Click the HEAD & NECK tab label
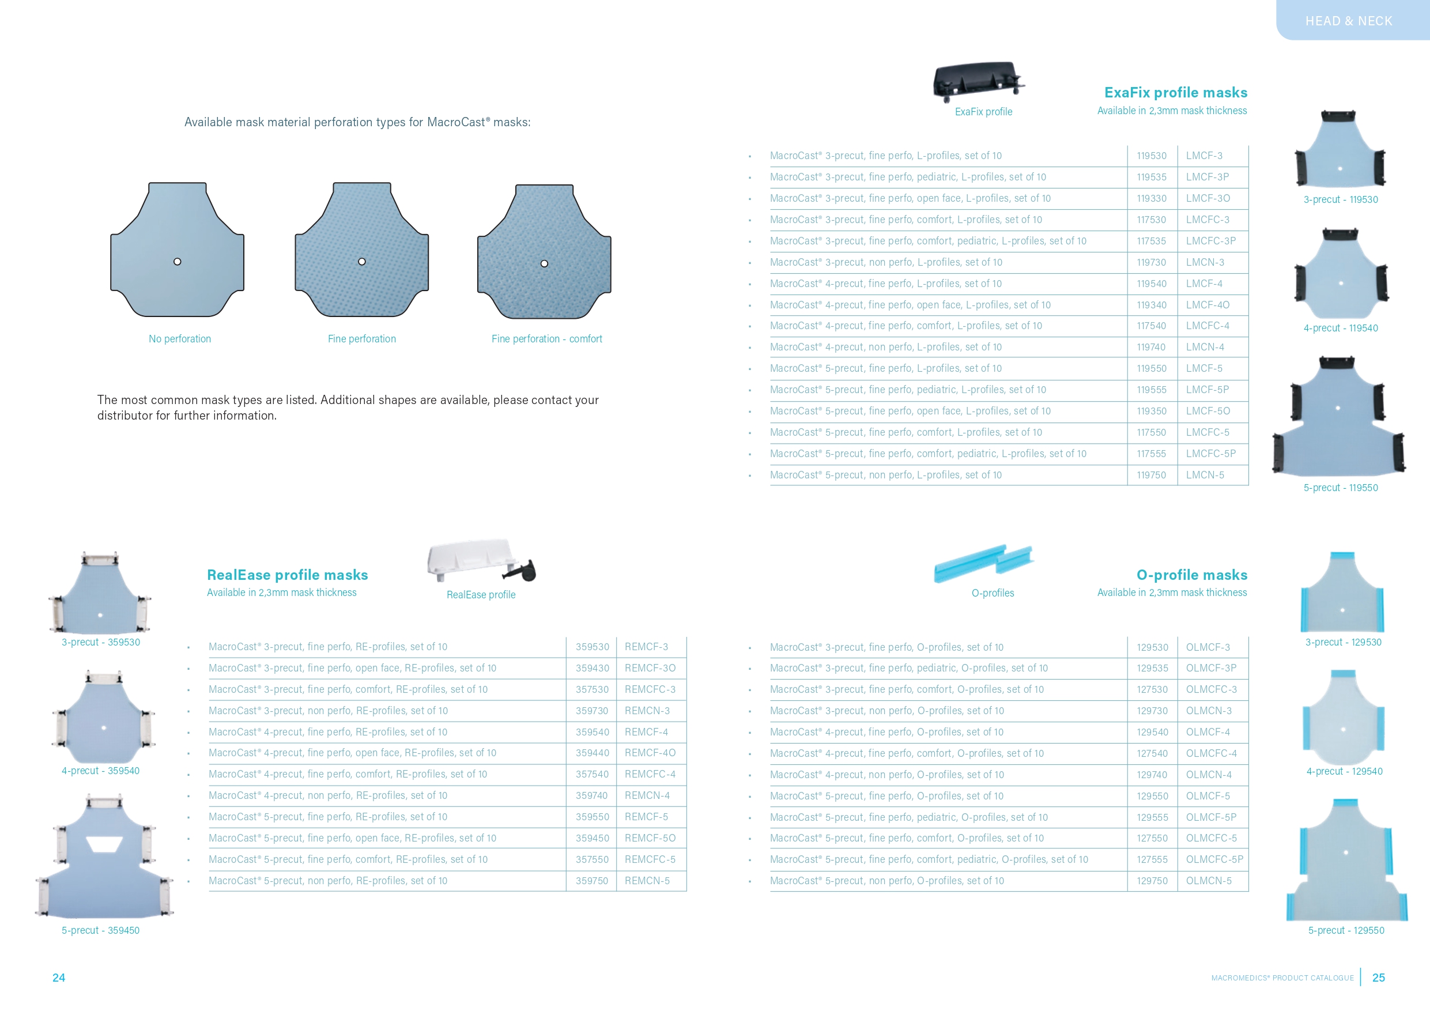(1348, 21)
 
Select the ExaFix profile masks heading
(1175, 92)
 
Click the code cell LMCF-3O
(1208, 198)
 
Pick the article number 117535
(1151, 241)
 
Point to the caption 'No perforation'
(179, 339)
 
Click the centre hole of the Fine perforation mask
(362, 262)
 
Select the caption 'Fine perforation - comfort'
(546, 339)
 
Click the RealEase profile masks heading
(287, 575)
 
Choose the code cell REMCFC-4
(650, 774)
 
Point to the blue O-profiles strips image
(983, 563)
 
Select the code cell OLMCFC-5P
(1214, 859)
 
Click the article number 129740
(1152, 775)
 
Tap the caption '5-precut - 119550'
(1340, 488)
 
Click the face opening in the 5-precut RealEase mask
(104, 844)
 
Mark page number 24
(59, 978)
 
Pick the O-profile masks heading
(1191, 575)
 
